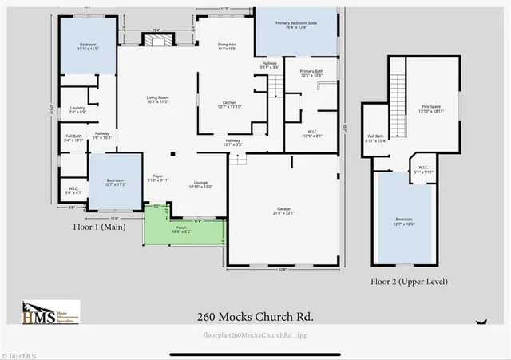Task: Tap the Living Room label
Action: pyautogui.click(x=157, y=100)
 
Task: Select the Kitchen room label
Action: pyautogui.click(x=229, y=105)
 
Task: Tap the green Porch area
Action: pyautogui.click(x=184, y=231)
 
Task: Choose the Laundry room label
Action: pyautogui.click(x=77, y=109)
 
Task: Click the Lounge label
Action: pyautogui.click(x=200, y=184)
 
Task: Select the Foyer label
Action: pyautogui.click(x=158, y=178)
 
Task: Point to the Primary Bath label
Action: pyautogui.click(x=311, y=73)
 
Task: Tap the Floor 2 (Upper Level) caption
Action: pyautogui.click(x=409, y=282)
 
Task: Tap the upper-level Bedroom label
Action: pyautogui.click(x=405, y=222)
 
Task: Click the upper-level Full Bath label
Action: pyautogui.click(x=376, y=137)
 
